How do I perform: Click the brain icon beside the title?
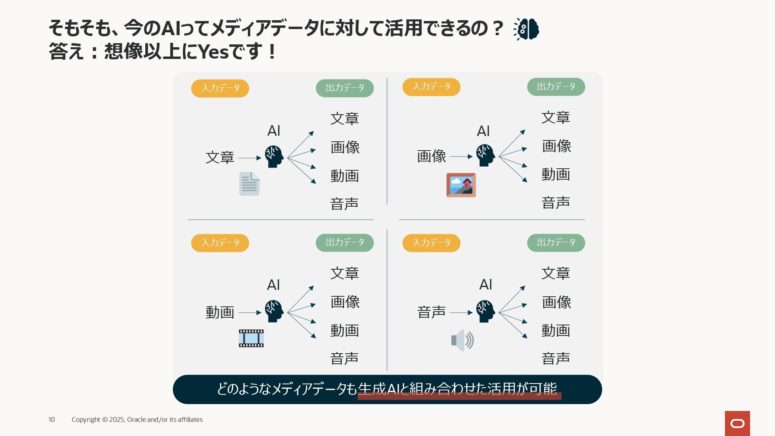pyautogui.click(x=526, y=29)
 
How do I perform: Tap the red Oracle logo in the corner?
pyautogui.click(x=737, y=423)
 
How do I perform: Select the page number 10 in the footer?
pyautogui.click(x=52, y=420)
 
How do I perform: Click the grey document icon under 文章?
pyautogui.click(x=249, y=184)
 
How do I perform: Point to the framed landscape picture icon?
pyautogui.click(x=461, y=185)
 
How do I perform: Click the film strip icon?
pyautogui.click(x=251, y=338)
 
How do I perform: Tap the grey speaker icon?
pyautogui.click(x=462, y=340)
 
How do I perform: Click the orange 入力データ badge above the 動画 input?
pyautogui.click(x=220, y=243)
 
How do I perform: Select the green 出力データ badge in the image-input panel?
pyautogui.click(x=556, y=87)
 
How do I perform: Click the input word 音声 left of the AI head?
pyautogui.click(x=431, y=312)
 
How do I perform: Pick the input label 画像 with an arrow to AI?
pyautogui.click(x=431, y=156)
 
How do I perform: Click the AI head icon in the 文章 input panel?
pyautogui.click(x=274, y=157)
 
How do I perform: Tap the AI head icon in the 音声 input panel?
pyautogui.click(x=485, y=311)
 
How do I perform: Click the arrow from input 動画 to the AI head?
pyautogui.click(x=250, y=312)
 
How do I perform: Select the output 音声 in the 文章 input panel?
pyautogui.click(x=344, y=204)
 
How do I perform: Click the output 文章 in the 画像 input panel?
pyautogui.click(x=555, y=117)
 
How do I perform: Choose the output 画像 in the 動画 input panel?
pyautogui.click(x=345, y=302)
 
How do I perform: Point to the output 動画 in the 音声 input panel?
pyautogui.click(x=555, y=331)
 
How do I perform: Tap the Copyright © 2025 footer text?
pyautogui.click(x=137, y=420)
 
